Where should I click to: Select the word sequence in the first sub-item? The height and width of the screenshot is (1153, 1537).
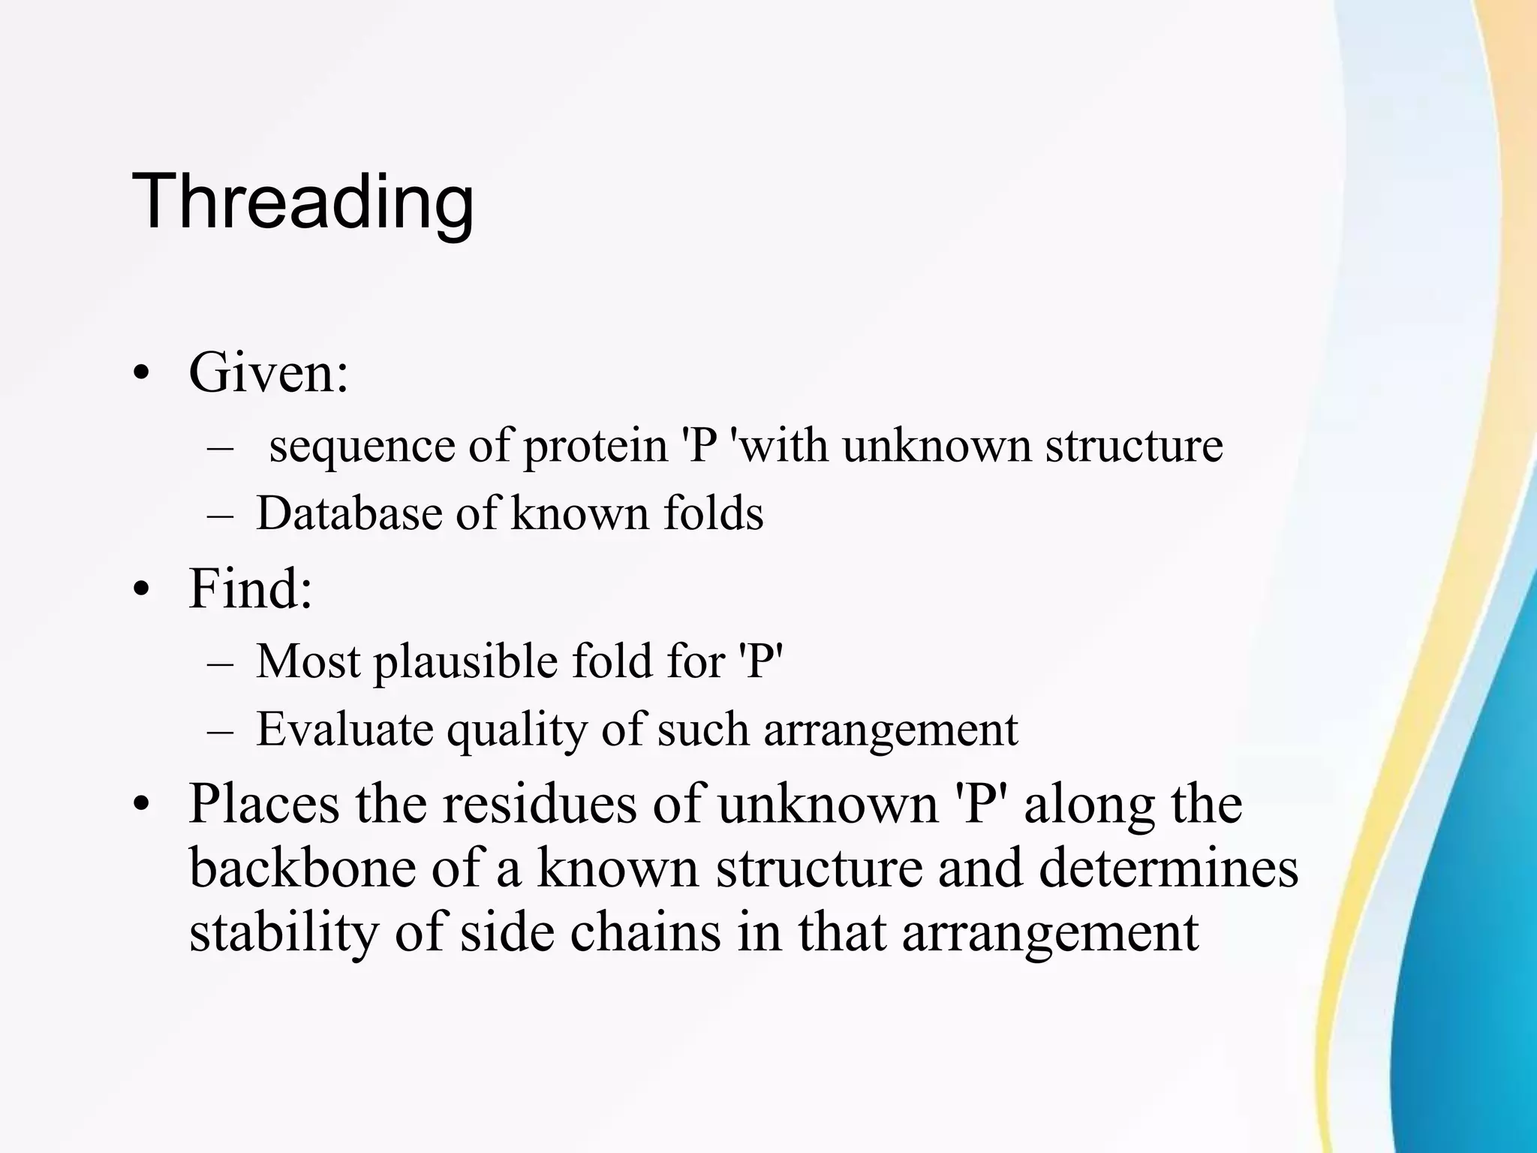tap(362, 446)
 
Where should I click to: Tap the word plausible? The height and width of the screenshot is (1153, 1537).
tap(465, 662)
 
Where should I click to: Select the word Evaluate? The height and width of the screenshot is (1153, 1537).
tap(344, 729)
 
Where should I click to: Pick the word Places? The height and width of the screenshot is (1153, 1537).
tap(263, 804)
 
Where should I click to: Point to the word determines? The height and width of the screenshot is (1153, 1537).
tap(1169, 868)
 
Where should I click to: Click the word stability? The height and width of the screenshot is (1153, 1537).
tap(284, 933)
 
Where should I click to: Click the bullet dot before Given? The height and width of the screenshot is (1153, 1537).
tap(140, 374)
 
